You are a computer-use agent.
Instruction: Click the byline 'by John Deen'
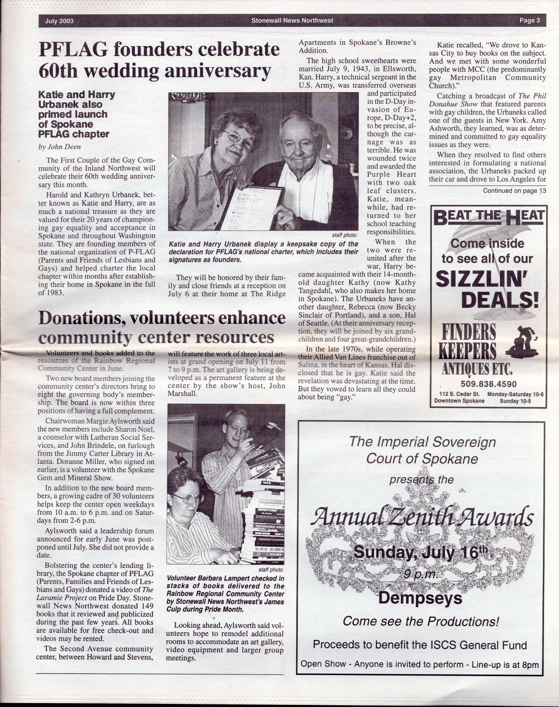(x=60, y=147)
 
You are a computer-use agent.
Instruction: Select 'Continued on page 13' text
(x=514, y=191)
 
